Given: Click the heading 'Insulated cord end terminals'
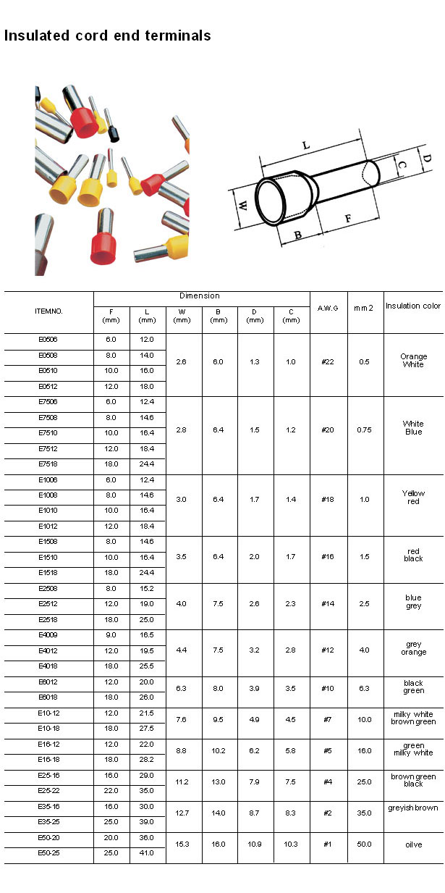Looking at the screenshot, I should [108, 35].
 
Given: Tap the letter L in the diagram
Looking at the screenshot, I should [306, 146].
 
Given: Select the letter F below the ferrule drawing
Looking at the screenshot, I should [348, 217].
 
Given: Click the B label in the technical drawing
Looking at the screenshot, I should [297, 235].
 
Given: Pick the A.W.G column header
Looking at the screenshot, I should [328, 308].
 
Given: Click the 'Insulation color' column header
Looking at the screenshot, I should [413, 306].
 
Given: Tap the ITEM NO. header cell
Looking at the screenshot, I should [48, 311].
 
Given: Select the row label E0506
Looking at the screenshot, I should [48, 339].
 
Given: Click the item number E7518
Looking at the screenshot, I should [48, 464].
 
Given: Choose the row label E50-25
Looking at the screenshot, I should [48, 853].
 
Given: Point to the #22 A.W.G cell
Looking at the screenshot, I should [327, 361].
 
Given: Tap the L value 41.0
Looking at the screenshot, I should [147, 853].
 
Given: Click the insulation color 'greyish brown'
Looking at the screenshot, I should [413, 808].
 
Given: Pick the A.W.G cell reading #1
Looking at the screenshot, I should [327, 844].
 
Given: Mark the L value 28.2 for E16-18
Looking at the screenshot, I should [147, 760].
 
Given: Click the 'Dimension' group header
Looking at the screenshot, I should [200, 296].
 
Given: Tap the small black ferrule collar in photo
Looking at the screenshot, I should [113, 134].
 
